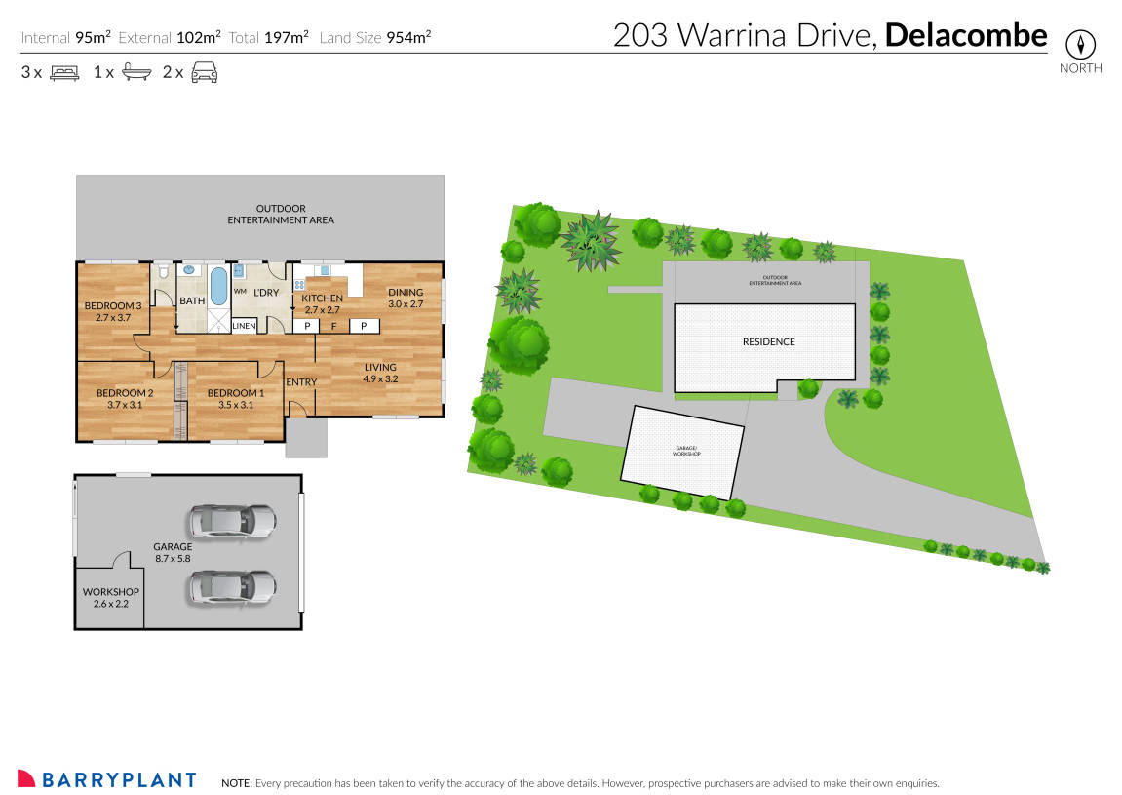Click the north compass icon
click(x=1080, y=44)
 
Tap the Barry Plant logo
click(x=107, y=779)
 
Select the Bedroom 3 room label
click(x=113, y=306)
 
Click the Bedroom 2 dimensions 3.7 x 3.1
click(x=119, y=405)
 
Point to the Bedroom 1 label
click(x=236, y=393)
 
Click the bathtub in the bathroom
click(x=218, y=285)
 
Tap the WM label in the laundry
click(x=240, y=292)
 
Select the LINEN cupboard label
click(x=244, y=326)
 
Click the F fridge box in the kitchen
click(x=334, y=326)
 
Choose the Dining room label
click(x=406, y=292)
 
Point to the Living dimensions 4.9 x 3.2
click(x=380, y=378)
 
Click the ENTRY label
click(x=301, y=381)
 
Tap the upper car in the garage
click(x=233, y=522)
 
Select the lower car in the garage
click(x=233, y=587)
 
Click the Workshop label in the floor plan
click(x=110, y=592)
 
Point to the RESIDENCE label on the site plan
click(x=768, y=341)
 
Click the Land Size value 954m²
click(x=407, y=38)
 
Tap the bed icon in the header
click(x=63, y=72)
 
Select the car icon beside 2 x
click(x=204, y=72)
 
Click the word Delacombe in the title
click(x=966, y=36)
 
